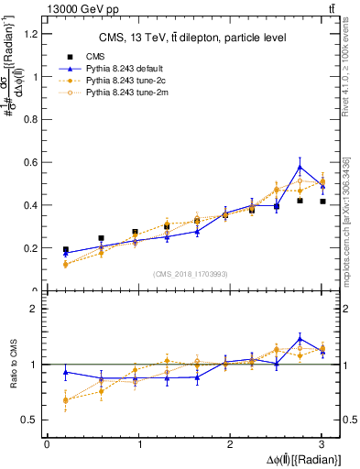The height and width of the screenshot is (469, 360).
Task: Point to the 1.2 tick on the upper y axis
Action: point(30,34)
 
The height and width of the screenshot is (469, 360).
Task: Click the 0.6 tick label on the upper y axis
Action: point(30,162)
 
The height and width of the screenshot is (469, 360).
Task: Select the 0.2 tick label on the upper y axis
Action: point(30,248)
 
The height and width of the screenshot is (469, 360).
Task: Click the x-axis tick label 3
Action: point(322,443)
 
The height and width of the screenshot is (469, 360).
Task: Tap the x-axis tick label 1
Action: point(138,443)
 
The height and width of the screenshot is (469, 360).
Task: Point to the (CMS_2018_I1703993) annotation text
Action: point(191,273)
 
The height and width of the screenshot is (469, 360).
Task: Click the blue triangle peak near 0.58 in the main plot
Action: point(300,167)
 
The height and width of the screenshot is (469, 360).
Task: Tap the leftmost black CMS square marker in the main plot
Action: point(65,249)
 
